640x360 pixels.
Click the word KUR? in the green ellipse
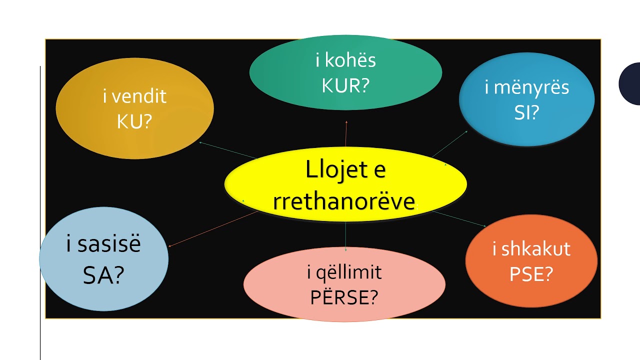coord(345,85)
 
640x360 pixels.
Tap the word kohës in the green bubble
coord(350,60)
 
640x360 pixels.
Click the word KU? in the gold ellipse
coord(134,121)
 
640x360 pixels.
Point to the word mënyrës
coord(531,87)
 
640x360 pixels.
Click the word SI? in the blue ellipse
coord(526,112)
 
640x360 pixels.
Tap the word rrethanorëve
coord(344,201)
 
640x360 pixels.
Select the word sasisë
coord(109,243)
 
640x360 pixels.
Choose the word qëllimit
coord(349,273)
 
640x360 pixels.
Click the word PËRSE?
coord(344,297)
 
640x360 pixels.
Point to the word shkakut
coord(536,248)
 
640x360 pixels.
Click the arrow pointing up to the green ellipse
coord(346,133)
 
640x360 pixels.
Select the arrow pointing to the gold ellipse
coord(228,150)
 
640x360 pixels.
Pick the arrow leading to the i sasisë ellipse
coord(213,229)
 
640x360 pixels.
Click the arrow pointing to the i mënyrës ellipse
coord(449,144)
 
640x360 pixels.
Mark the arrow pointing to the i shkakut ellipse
coord(459,219)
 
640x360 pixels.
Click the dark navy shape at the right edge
coord(630,83)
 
